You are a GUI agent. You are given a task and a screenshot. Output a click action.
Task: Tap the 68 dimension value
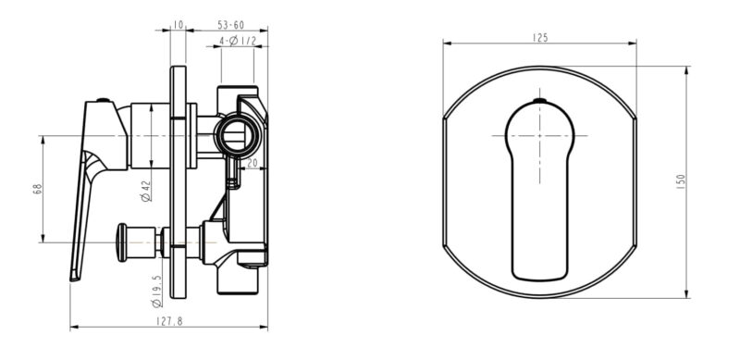38,189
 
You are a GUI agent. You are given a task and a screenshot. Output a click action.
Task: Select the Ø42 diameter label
145,191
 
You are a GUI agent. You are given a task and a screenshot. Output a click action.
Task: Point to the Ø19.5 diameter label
145,291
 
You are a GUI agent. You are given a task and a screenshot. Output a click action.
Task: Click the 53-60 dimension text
230,25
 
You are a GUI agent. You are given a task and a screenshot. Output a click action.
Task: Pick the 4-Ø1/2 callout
236,42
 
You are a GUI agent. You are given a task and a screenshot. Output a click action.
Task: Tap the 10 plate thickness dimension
178,25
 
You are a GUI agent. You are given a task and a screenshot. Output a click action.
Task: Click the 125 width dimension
540,38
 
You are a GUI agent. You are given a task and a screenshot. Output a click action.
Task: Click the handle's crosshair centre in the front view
540,135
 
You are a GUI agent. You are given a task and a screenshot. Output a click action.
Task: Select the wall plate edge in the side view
179,185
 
